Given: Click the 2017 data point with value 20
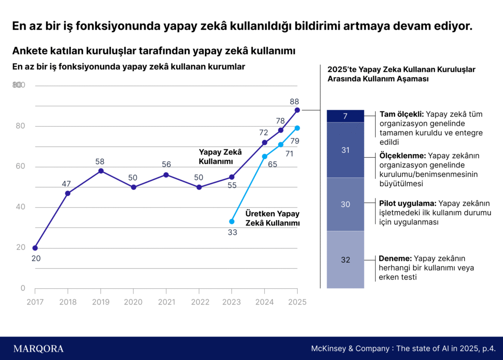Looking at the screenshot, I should tap(35, 248).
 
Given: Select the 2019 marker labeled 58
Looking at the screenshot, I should tap(101, 171).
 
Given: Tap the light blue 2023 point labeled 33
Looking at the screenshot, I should tap(232, 222).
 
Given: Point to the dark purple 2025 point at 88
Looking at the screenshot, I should tap(297, 110).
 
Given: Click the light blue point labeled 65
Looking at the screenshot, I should tap(265, 157).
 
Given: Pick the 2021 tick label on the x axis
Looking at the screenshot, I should tap(166, 302).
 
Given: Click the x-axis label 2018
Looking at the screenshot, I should tap(68, 302).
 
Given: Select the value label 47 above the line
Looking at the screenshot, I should tap(66, 184).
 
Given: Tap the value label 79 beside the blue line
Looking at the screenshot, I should tap(295, 141).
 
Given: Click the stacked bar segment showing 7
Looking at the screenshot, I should tap(345, 116).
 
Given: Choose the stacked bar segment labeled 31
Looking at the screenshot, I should tap(345, 150).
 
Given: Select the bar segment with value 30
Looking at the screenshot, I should tap(345, 204).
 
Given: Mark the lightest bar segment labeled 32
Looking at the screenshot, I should tap(345, 260).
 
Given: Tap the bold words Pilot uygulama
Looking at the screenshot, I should tap(408, 203).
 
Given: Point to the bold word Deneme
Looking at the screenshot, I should tap(395, 259).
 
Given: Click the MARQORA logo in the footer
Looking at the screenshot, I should tap(38, 349).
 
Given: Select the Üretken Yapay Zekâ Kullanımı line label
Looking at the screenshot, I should tap(272, 219).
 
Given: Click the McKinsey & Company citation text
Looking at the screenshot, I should tap(403, 349).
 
